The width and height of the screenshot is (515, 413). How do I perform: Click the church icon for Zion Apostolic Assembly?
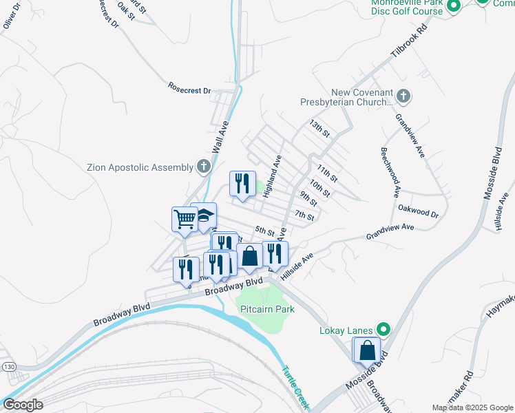(203, 166)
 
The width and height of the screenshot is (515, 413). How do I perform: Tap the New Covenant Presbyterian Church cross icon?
(404, 97)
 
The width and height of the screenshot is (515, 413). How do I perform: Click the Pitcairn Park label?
(267, 310)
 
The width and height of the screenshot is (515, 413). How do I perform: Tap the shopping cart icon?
(185, 220)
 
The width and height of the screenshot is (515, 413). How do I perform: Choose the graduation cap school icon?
(204, 216)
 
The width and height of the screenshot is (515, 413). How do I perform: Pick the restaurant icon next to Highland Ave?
(242, 184)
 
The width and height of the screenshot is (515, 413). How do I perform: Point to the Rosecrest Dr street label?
(189, 88)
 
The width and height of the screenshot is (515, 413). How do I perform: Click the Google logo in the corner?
(23, 405)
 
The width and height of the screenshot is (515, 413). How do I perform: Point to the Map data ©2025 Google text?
(472, 407)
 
